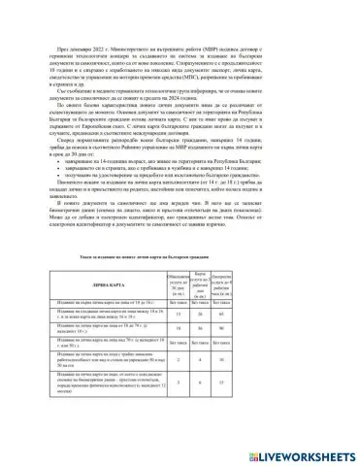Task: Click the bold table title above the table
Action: [x=180, y=256]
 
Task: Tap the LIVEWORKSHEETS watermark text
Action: [x=304, y=453]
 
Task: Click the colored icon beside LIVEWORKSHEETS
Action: [x=257, y=453]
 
